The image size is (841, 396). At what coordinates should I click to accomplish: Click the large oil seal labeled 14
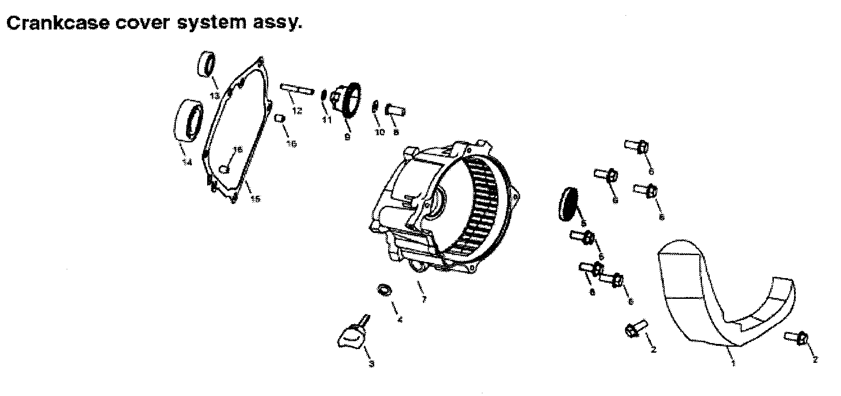[x=189, y=119]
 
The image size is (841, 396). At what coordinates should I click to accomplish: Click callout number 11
[x=326, y=119]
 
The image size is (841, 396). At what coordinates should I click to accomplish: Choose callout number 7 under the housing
[x=424, y=299]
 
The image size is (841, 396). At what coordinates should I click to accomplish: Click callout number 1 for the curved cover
[x=733, y=364]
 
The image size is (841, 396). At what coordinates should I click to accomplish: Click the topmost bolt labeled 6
[x=638, y=147]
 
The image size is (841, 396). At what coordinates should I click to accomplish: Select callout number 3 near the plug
[x=371, y=364]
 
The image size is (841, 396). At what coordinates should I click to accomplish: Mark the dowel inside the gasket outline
[x=224, y=169]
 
